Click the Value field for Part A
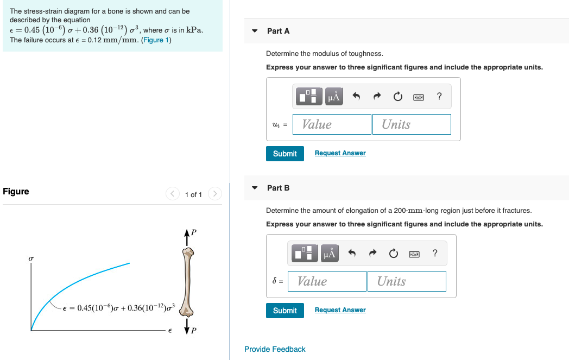[332, 124]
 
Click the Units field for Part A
[412, 124]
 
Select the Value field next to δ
[327, 281]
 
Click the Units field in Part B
[407, 281]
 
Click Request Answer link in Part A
[340, 153]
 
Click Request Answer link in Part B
[340, 310]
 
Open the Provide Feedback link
[275, 349]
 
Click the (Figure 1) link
[156, 40]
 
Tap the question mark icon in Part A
[439, 97]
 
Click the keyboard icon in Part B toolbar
[414, 254]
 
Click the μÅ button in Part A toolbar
[334, 97]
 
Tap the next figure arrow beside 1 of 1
[215, 194]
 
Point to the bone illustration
[188, 282]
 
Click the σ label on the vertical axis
[31, 260]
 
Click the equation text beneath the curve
[119, 308]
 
